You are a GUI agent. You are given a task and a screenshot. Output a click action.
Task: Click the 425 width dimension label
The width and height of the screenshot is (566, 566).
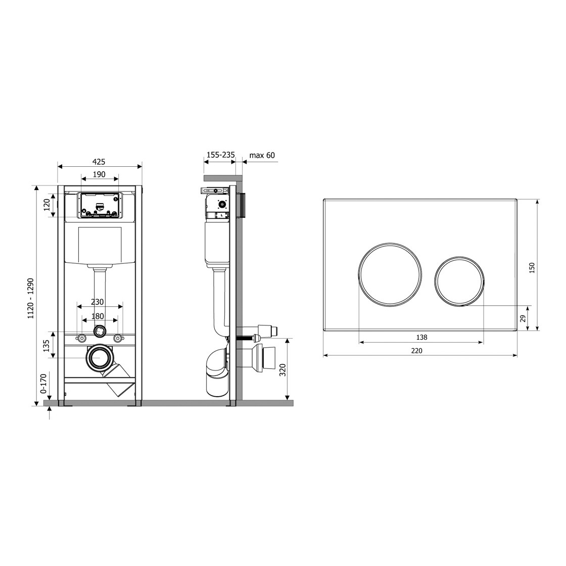pos(99,162)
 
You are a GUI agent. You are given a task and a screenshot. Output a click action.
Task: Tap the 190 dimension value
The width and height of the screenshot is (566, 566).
pos(99,174)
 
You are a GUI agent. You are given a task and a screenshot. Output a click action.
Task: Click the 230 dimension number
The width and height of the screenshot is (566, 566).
pos(98,302)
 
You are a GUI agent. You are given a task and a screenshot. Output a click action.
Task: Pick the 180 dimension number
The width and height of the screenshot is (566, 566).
pos(98,316)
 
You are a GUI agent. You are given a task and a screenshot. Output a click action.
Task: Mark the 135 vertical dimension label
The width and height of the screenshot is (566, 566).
pos(46,346)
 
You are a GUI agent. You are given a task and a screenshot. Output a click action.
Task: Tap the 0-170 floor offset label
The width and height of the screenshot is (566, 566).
pos(43,384)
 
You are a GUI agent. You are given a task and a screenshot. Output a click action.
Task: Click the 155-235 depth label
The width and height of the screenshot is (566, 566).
pos(220,155)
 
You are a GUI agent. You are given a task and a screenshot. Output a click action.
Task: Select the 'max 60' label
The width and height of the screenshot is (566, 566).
pos(262,155)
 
